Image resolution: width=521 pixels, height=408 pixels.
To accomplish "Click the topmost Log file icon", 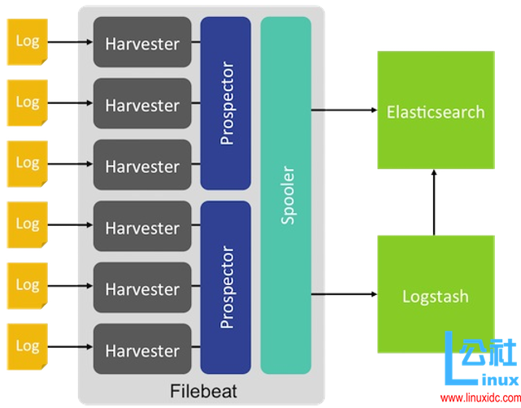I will [x=28, y=41].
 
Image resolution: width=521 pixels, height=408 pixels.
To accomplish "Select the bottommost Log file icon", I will [x=28, y=347].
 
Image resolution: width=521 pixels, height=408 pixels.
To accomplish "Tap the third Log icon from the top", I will [x=28, y=163].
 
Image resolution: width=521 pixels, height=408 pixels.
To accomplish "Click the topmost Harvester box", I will [x=142, y=43].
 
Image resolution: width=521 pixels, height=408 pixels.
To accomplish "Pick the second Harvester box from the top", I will [x=142, y=105].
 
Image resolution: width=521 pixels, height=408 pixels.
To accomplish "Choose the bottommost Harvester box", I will [x=142, y=350].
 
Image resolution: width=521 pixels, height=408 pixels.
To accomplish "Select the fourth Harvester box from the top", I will [x=142, y=228].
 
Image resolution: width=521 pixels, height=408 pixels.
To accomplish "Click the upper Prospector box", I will [x=226, y=102].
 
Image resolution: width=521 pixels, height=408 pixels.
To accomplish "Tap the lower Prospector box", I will [x=226, y=288].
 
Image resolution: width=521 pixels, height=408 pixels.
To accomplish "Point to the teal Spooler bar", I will [x=286, y=195].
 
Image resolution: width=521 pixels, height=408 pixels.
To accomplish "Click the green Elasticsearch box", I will [x=436, y=111].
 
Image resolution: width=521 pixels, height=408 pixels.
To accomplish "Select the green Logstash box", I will [x=436, y=294].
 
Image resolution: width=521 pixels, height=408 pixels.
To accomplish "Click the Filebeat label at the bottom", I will [x=203, y=391].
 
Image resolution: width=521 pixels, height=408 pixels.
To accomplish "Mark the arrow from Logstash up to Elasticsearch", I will [x=435, y=202].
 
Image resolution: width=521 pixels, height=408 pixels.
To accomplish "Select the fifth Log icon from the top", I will [x=28, y=286].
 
